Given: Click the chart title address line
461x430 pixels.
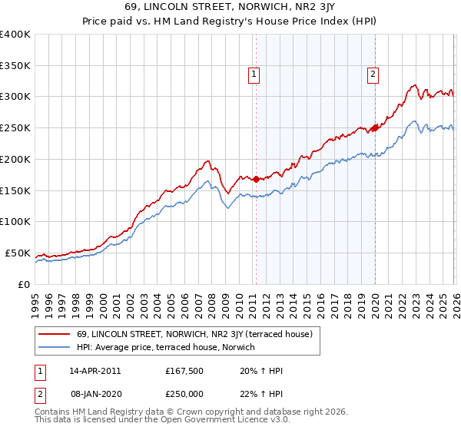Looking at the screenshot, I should pyautogui.click(x=230, y=7).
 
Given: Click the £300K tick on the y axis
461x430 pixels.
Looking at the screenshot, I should pyautogui.click(x=15, y=97).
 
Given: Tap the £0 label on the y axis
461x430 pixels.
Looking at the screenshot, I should pyautogui.click(x=23, y=284).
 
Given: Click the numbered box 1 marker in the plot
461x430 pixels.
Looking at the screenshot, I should pyautogui.click(x=254, y=74).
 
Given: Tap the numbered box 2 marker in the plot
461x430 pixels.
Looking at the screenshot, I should pyautogui.click(x=373, y=74).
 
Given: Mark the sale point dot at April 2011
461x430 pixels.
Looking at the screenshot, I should pyautogui.click(x=255, y=180).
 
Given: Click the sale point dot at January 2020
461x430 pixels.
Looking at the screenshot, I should pyautogui.click(x=375, y=127).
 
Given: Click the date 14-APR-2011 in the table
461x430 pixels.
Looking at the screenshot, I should pyautogui.click(x=95, y=371).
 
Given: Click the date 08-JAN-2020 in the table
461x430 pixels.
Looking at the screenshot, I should pyautogui.click(x=95, y=394).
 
